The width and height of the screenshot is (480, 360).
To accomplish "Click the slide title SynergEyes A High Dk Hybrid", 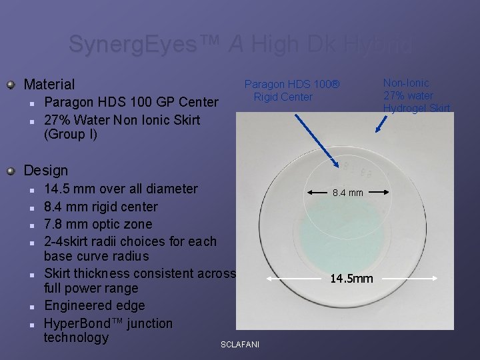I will coord(240,45).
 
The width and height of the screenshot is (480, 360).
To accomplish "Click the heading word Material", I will coord(49,84).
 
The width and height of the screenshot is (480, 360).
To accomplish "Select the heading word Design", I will coord(45,171).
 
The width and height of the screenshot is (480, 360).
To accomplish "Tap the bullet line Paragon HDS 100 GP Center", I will coord(131,102).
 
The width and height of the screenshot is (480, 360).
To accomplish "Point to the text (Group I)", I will coord(70,135).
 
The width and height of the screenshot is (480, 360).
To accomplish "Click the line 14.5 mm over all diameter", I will coord(121,189).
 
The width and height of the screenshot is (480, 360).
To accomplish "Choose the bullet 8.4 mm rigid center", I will coord(101,207).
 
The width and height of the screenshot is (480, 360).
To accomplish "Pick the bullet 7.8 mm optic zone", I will coord(98,224).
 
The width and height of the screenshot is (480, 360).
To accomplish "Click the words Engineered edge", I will coord(94,305).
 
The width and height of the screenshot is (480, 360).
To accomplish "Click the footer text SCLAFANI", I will coord(240,344).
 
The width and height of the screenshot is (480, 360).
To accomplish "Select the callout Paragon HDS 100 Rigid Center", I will coord(291,91).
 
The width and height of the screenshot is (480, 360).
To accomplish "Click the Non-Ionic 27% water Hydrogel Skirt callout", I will coord(416,95).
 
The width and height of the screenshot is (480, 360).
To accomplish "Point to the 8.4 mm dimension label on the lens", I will coord(347,193).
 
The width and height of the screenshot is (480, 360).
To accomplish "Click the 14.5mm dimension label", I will coord(352,278).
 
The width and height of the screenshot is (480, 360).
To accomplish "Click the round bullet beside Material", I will coord(10,85).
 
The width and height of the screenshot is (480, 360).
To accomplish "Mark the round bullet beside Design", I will coord(10,171).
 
